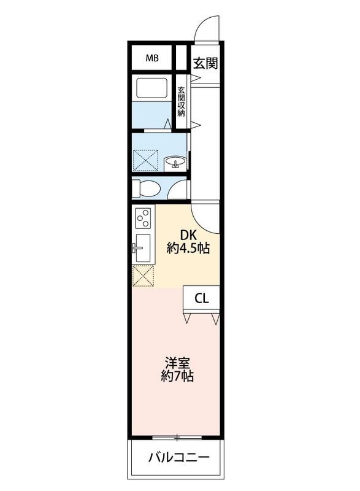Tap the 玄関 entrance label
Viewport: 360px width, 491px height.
pos(205,63)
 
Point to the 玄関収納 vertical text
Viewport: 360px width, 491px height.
pos(182,102)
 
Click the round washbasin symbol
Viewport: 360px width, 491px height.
pos(175,163)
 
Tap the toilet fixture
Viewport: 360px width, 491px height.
pos(145,187)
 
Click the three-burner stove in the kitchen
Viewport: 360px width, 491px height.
pos(144,217)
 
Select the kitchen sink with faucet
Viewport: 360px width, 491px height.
pos(142,249)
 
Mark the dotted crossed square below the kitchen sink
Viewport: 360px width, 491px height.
pos(143,276)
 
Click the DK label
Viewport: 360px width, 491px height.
pos(188,234)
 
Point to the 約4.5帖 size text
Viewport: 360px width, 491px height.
pos(188,249)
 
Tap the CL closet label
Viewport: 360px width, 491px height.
pos(202,299)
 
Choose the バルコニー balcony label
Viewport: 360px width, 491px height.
pos(178,458)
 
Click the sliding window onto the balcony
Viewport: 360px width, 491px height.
pos(177,438)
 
